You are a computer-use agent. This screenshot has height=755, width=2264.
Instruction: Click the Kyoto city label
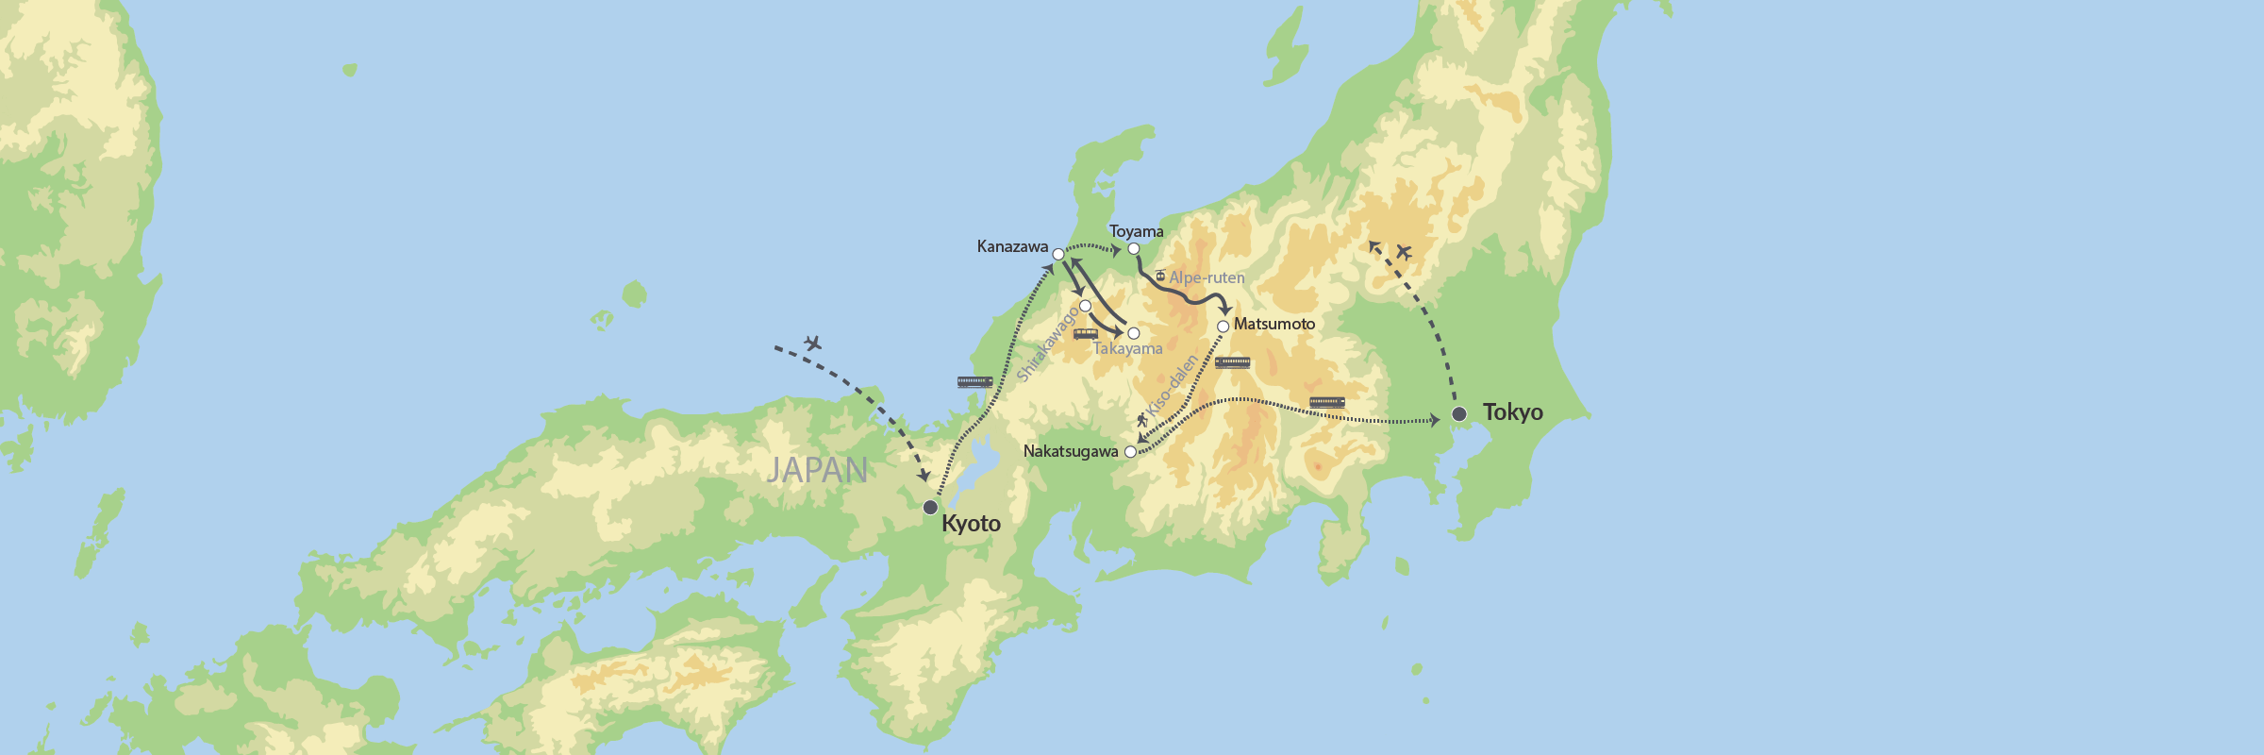point(971,524)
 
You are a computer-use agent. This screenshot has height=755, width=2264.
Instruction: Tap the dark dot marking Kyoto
point(930,508)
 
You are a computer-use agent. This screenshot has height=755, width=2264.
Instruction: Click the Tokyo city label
point(1512,412)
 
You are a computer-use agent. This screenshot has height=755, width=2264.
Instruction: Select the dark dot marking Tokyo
point(1459,414)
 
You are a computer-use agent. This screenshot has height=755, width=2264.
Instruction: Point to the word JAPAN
point(817,470)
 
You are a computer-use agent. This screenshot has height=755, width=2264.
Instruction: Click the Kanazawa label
point(1012,247)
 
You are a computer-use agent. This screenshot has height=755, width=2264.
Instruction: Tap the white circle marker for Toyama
point(1134,249)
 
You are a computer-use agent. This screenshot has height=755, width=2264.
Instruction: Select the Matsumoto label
point(1273,325)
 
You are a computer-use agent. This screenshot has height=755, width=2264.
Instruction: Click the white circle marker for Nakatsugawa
point(1130,452)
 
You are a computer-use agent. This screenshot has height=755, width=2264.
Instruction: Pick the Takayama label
point(1127,349)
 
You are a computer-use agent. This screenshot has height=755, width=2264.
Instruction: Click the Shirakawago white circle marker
point(1085,306)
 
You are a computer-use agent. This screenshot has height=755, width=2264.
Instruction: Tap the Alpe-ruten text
point(1207,278)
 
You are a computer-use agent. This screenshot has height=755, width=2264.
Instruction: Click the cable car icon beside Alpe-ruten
point(1160,276)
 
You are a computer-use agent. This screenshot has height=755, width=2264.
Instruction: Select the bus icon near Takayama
point(1086,334)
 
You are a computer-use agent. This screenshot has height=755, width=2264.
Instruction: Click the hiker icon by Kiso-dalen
point(1142,419)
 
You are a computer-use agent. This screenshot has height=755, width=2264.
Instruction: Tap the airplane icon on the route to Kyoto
point(812,343)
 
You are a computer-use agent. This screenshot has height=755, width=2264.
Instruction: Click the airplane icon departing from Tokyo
point(1404,252)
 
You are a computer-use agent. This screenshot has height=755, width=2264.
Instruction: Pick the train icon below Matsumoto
point(1232,363)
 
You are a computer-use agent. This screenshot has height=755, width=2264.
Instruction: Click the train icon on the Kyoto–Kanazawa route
point(974,382)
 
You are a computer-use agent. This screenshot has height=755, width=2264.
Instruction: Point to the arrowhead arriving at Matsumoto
point(1226,310)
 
